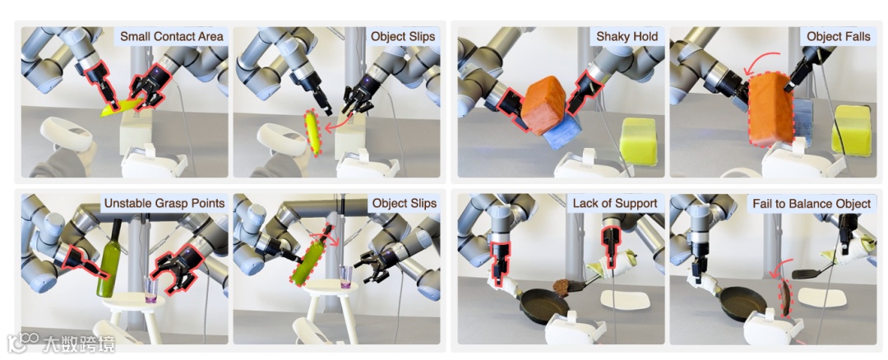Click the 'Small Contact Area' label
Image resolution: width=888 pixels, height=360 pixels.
tap(171, 36)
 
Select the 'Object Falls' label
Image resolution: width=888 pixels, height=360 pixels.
tap(838, 36)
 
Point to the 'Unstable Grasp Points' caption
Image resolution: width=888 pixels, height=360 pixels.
tap(164, 203)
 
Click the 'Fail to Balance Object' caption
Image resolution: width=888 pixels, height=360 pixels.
tap(811, 203)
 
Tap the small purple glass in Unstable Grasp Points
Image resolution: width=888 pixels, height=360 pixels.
tap(150, 287)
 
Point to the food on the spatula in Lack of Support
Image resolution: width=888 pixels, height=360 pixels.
tap(563, 286)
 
